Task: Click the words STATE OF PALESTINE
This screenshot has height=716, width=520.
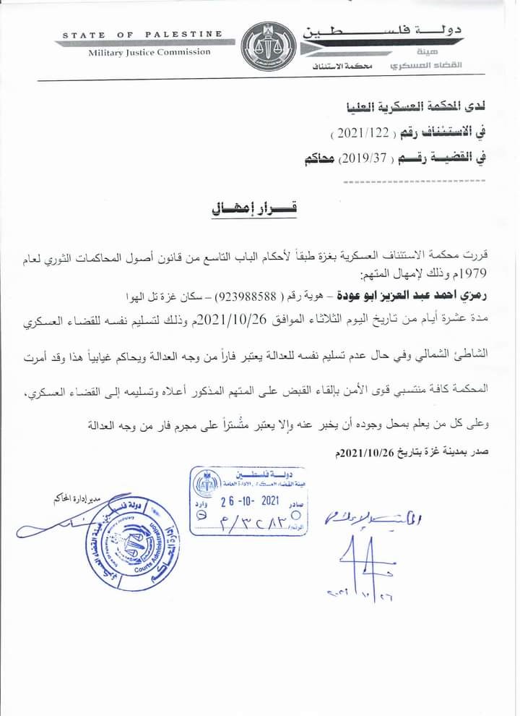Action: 142,35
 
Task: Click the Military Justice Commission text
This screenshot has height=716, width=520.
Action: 149,52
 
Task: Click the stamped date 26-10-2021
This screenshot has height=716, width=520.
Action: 248,500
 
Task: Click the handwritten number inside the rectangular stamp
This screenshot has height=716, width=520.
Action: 250,521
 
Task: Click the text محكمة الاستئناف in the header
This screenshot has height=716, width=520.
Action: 342,67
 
